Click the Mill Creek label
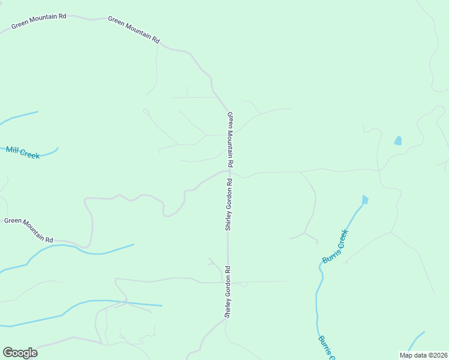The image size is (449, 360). [x=23, y=152]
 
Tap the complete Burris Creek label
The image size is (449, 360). [x=335, y=247]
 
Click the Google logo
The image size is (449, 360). [x=20, y=353]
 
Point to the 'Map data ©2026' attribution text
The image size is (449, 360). [x=423, y=355]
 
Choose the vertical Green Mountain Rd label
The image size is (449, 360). [x=230, y=139]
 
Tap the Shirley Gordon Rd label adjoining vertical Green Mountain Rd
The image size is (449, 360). [x=228, y=205]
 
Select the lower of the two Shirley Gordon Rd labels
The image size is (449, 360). [x=228, y=292]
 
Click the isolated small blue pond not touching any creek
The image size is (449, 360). [x=397, y=141]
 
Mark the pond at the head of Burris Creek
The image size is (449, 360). [x=364, y=199]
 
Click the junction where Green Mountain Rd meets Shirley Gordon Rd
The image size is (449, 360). [x=229, y=171]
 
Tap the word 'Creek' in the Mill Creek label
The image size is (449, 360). [x=30, y=154]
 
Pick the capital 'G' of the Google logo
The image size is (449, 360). [x=8, y=352]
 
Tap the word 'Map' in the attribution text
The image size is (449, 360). [x=406, y=355]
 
